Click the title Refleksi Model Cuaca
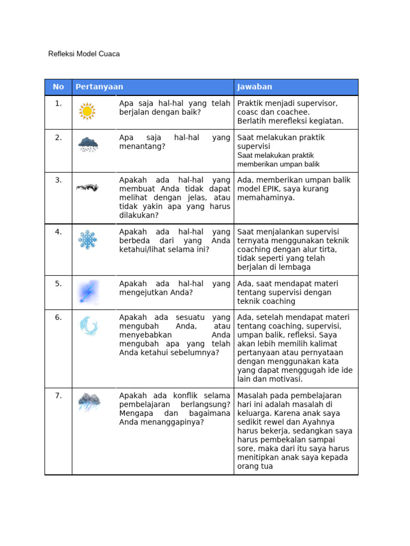84,54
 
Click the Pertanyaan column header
99,87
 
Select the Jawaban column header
255,87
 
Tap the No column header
58,87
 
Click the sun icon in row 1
86,111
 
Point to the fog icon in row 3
87,188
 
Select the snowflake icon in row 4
88,239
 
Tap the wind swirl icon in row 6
88,325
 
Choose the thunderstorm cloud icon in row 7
89,401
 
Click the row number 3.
58,180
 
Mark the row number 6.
58,317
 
